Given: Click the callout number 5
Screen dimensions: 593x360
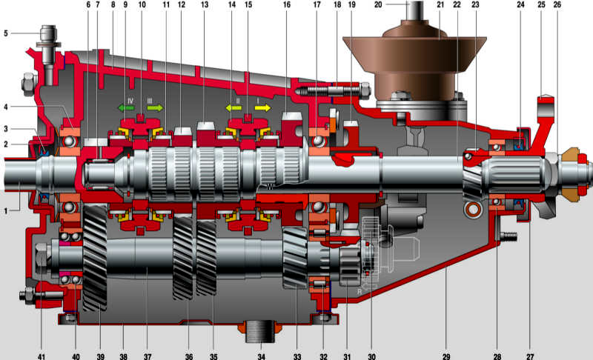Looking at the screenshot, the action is [x=6, y=33].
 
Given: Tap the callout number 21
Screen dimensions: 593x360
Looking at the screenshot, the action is [x=440, y=5].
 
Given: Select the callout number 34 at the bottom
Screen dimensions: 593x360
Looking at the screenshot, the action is [x=262, y=356].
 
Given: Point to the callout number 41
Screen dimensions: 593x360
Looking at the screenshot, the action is [x=42, y=356].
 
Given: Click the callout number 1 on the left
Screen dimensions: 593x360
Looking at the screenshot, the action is [x=6, y=210].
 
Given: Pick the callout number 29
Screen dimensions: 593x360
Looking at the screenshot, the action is [x=446, y=356].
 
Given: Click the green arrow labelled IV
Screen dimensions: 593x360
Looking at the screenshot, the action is [x=126, y=107].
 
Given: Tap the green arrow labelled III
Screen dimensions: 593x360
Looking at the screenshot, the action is [x=155, y=107].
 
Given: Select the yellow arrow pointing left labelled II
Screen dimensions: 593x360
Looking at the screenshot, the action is [x=233, y=107].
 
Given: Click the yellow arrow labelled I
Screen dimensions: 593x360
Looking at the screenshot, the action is [x=263, y=107].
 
